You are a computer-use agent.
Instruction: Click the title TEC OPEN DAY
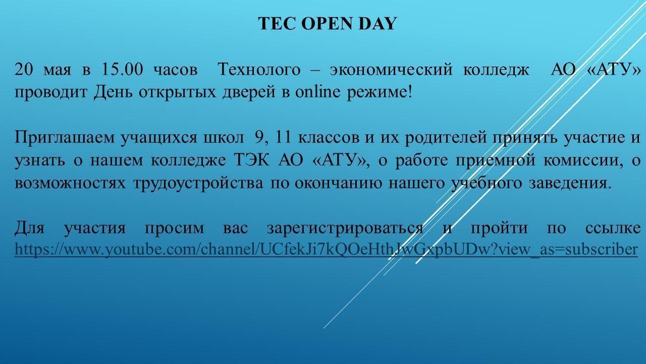click(x=328, y=23)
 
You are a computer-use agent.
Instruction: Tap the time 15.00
click(x=122, y=69)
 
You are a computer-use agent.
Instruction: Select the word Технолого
click(x=259, y=69)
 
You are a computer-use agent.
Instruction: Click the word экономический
click(x=391, y=70)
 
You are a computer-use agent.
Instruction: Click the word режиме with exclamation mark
click(x=380, y=93)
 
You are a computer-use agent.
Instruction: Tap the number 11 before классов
click(x=284, y=137)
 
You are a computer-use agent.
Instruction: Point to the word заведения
click(x=570, y=184)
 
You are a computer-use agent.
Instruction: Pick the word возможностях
click(x=70, y=184)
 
